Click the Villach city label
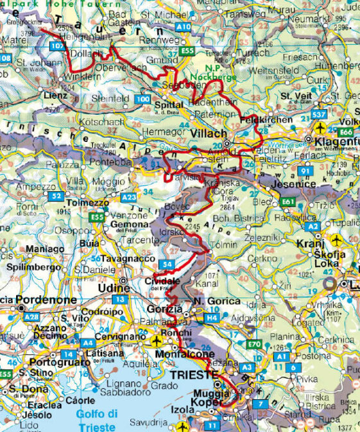pos(209,134)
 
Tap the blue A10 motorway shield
pos(184,26)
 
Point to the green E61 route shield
pos(287,202)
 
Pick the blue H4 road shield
pos(212,317)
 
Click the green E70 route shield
pos(253,345)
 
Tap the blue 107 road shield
pos(57,47)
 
